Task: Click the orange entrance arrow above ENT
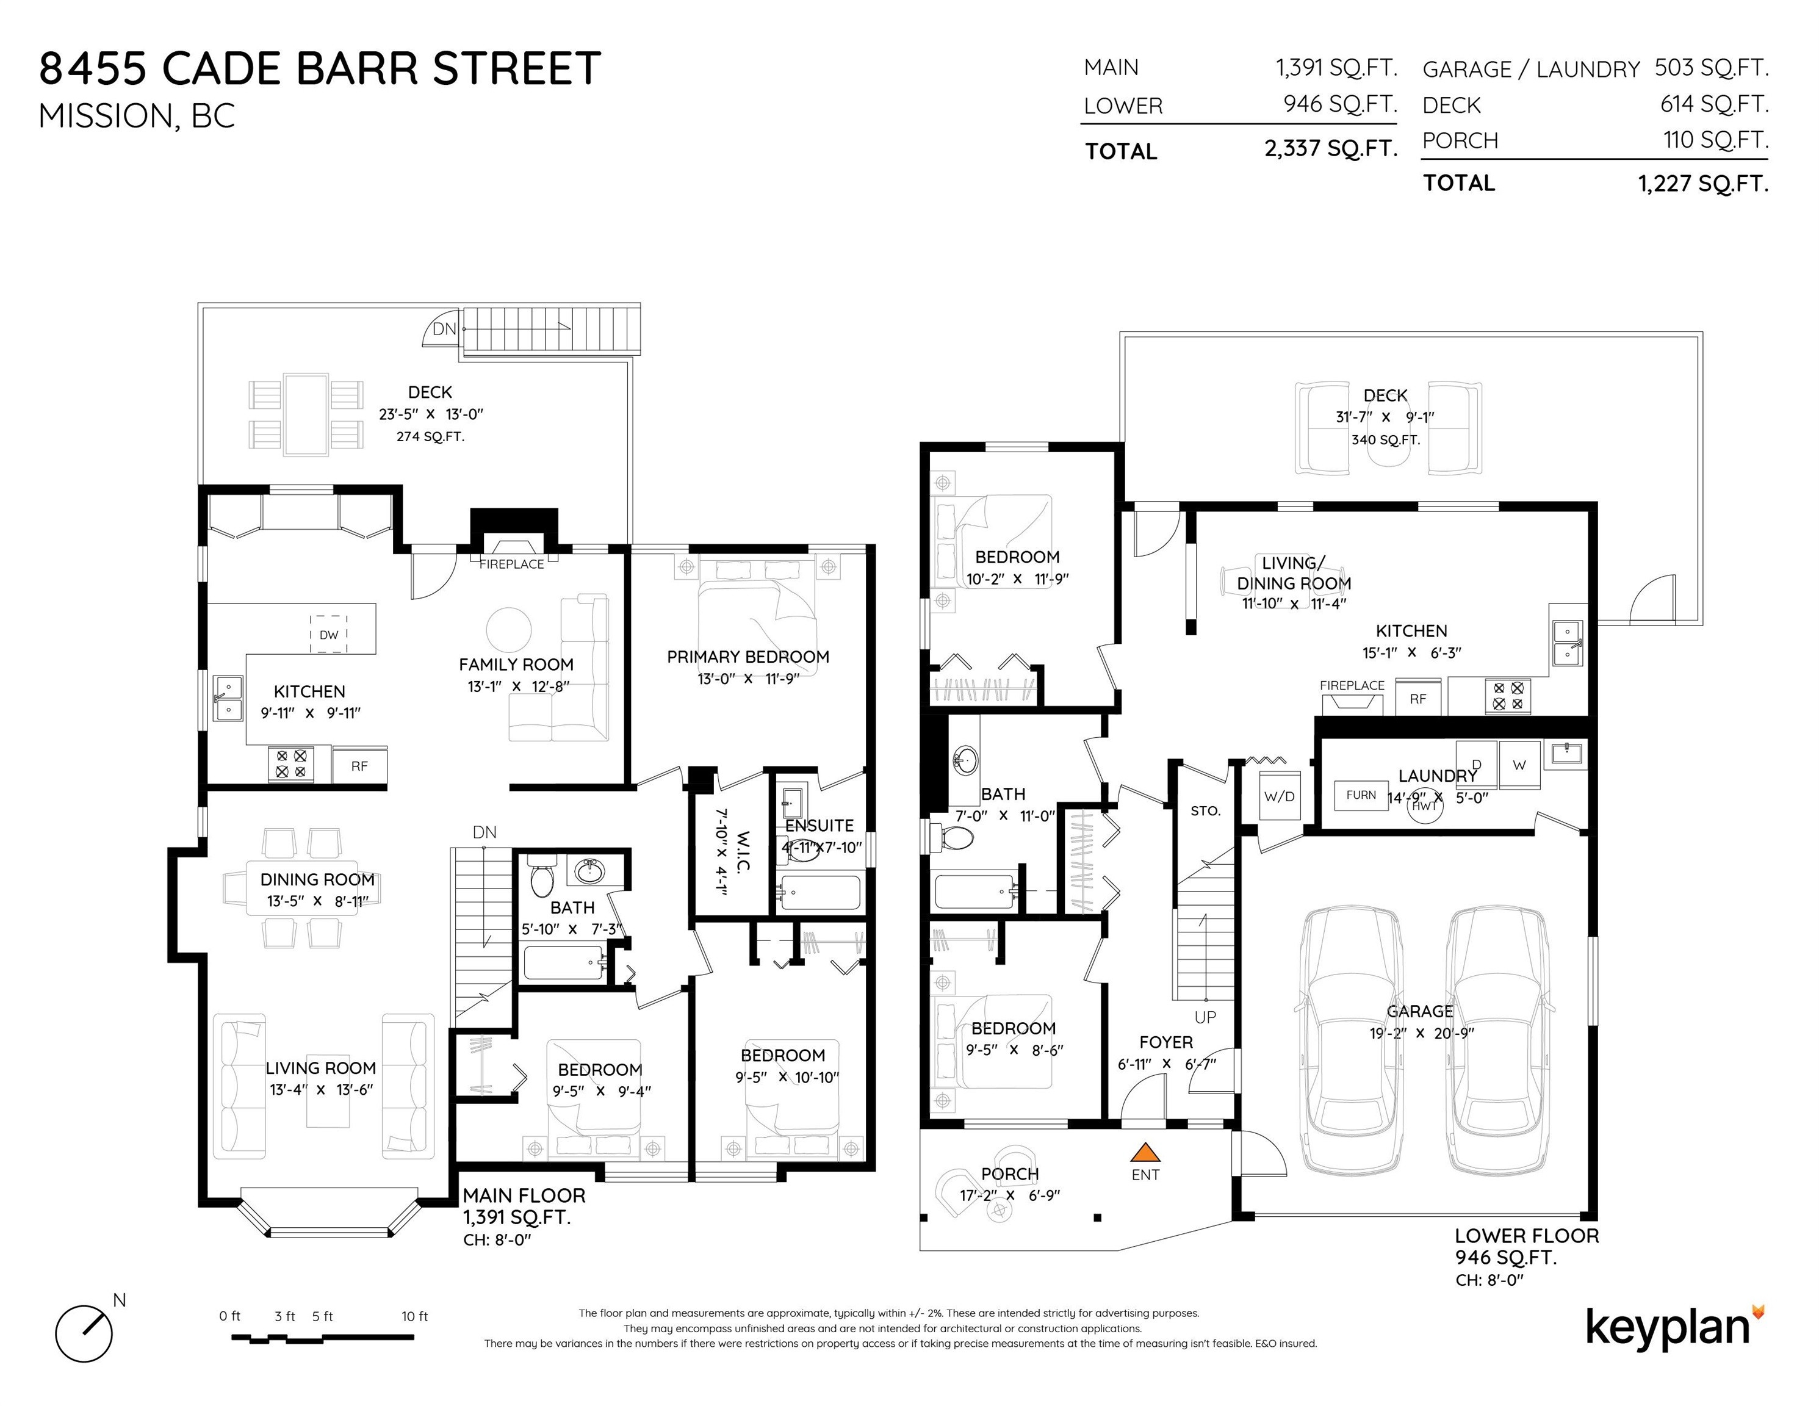coord(1145,1153)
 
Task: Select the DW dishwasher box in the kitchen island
coord(329,634)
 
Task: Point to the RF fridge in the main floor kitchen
coord(359,765)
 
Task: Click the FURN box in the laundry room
coord(1361,795)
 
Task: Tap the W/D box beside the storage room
coord(1280,796)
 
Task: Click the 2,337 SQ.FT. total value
coord(1330,148)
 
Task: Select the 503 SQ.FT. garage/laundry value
coord(1711,68)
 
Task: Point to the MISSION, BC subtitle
coord(137,116)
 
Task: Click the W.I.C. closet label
coord(733,851)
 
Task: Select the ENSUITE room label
coord(819,826)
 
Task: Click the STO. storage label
coord(1205,810)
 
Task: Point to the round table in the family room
coord(508,630)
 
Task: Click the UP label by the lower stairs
coord(1205,1017)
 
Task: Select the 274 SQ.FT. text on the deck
coord(430,436)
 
